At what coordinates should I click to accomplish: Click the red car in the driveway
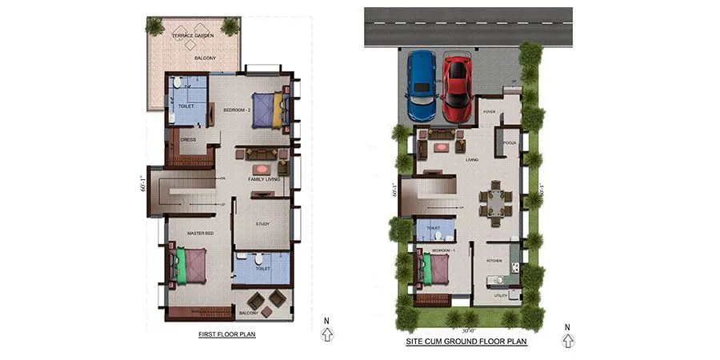(x=457, y=83)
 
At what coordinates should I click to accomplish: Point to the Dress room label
(x=188, y=140)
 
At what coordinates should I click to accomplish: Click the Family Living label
(x=263, y=179)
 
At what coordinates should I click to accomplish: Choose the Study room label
(x=263, y=224)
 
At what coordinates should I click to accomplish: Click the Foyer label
(x=490, y=112)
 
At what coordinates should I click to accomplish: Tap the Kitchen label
(x=494, y=262)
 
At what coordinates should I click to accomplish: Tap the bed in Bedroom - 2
(x=268, y=110)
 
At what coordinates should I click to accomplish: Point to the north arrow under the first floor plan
(x=326, y=332)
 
